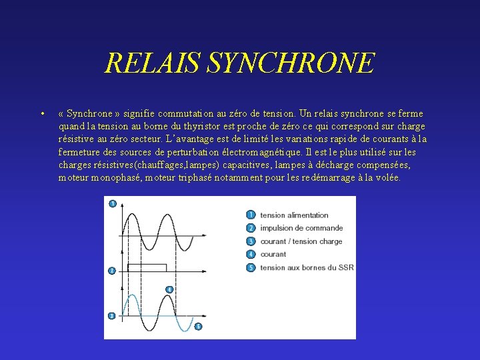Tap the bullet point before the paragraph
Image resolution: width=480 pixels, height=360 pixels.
[x=42, y=114]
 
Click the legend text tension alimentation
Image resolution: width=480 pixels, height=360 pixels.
[x=294, y=215]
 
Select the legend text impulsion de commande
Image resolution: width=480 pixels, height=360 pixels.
[x=301, y=228]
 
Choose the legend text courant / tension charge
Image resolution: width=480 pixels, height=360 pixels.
[x=301, y=241]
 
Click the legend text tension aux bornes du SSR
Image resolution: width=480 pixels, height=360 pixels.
[x=307, y=267]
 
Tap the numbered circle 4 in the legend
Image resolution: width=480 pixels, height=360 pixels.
[x=251, y=254]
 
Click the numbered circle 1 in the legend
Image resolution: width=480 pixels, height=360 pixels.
[x=251, y=215]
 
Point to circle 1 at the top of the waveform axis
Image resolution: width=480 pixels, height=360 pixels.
[x=112, y=203]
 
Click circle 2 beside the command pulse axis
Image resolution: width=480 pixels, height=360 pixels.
[x=112, y=270]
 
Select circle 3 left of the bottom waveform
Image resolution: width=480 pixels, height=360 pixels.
[x=111, y=315]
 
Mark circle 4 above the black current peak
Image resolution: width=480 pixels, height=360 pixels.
[x=169, y=289]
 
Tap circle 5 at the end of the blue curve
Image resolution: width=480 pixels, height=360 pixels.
[x=198, y=326]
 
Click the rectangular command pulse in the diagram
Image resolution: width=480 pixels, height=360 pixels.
[x=147, y=267]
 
